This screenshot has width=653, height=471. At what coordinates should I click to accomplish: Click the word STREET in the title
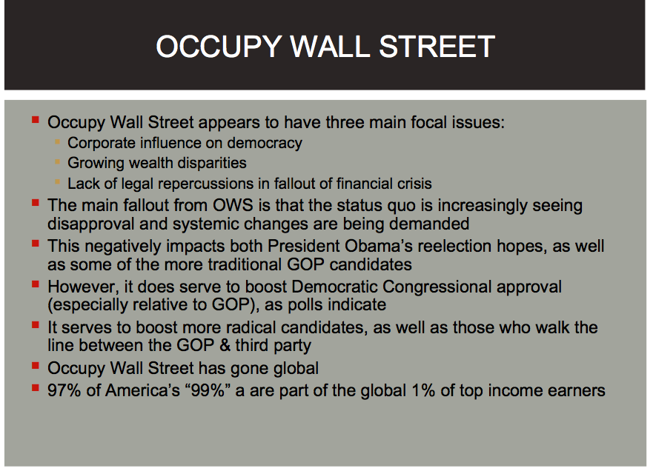tap(437, 46)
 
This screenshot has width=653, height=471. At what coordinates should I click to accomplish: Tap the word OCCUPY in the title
tap(219, 46)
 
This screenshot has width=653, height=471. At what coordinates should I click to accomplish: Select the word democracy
tap(265, 143)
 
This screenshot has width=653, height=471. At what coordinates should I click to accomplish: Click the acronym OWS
tap(233, 205)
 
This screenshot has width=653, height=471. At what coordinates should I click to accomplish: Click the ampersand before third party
tap(225, 346)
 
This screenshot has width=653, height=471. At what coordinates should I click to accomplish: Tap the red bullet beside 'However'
tap(36, 284)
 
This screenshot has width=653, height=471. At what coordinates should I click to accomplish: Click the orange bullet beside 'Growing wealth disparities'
tap(58, 161)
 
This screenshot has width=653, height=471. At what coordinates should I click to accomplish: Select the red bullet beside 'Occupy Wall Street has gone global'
tap(36, 366)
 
